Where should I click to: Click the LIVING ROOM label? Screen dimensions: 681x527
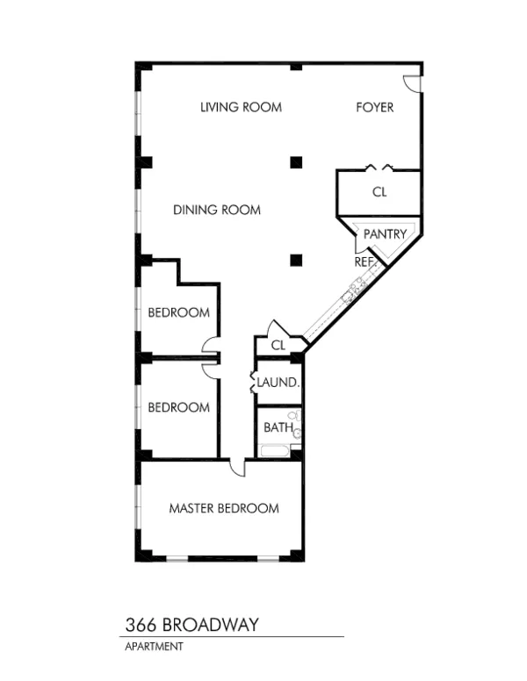click(241, 108)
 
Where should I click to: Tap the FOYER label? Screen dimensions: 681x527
click(374, 108)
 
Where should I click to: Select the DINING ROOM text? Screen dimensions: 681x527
click(217, 210)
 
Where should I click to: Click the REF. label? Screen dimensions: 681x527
click(365, 262)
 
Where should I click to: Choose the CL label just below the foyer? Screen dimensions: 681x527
click(379, 191)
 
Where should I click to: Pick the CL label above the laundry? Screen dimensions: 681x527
click(278, 346)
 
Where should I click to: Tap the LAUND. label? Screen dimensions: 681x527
click(279, 384)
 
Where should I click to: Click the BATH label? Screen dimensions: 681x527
click(278, 427)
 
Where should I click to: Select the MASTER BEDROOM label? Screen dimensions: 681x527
click(224, 508)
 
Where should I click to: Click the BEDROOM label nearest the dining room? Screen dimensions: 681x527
click(178, 312)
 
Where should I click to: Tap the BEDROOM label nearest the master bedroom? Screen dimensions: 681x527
click(178, 407)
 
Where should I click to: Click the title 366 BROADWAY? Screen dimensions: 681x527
click(191, 625)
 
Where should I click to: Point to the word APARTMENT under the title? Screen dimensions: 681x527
click(153, 647)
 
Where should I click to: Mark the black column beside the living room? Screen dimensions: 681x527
click(297, 161)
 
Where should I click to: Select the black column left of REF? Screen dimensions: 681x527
click(297, 259)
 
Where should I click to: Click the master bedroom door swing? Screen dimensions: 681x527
click(238, 469)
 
